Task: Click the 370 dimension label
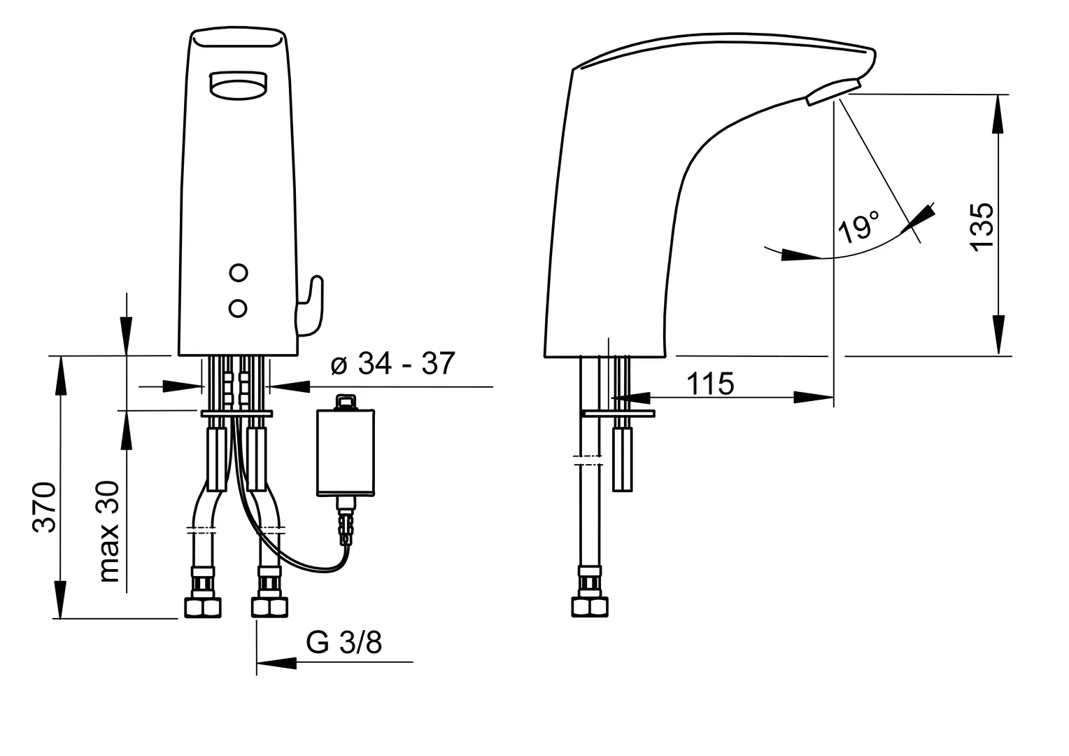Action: pyautogui.click(x=45, y=507)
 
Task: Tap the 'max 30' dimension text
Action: pyautogui.click(x=109, y=531)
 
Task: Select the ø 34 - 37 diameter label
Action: pyautogui.click(x=392, y=363)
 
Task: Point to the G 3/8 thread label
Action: pyautogui.click(x=344, y=643)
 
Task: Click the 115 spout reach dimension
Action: pyautogui.click(x=710, y=384)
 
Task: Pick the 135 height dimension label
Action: pyautogui.click(x=982, y=226)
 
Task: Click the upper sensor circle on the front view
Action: pyautogui.click(x=239, y=273)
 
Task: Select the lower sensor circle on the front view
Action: pyautogui.click(x=238, y=309)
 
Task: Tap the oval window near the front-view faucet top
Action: pyautogui.click(x=238, y=86)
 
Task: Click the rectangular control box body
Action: pyautogui.click(x=346, y=452)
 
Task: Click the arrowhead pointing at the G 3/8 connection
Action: pyautogui.click(x=276, y=662)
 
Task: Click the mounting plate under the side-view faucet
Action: pyautogui.click(x=618, y=413)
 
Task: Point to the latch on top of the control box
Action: pyautogui.click(x=346, y=402)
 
